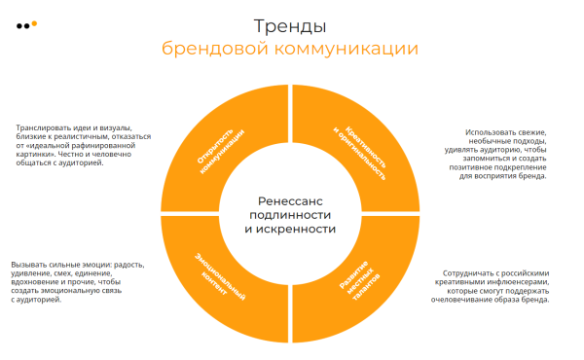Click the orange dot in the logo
(34, 22)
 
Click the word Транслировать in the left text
(44, 127)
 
